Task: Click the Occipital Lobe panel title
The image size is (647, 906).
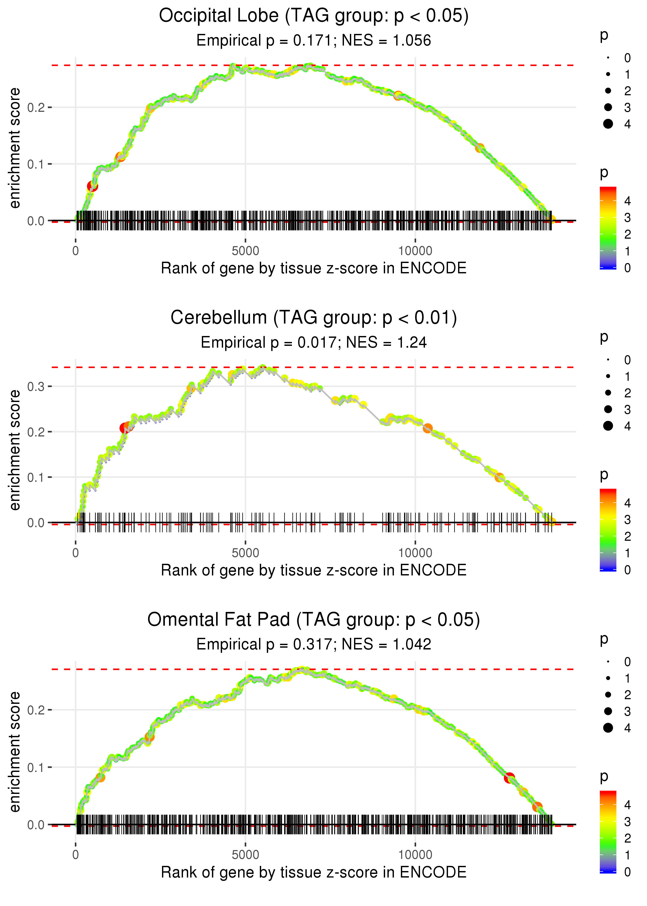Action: (x=314, y=16)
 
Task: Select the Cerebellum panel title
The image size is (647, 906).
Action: (x=314, y=318)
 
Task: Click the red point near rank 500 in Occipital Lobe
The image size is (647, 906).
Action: (x=92, y=186)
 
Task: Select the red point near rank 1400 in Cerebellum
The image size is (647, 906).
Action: (x=124, y=428)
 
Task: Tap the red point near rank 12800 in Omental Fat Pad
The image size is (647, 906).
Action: (x=509, y=778)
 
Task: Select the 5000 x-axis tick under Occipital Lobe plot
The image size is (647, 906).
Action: (x=245, y=251)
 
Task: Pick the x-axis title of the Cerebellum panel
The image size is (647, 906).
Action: (x=314, y=571)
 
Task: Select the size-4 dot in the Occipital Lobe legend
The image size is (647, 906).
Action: (x=608, y=124)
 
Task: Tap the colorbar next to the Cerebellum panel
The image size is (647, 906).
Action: (x=608, y=530)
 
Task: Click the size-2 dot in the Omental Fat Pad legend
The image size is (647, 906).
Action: (x=608, y=695)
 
